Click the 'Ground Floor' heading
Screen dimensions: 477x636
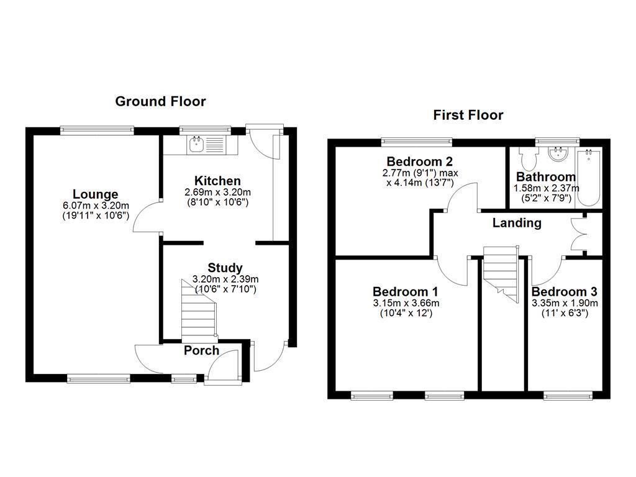(160, 101)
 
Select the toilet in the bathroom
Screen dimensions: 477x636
(530, 159)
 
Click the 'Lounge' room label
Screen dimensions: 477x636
(95, 194)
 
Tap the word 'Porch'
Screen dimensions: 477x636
(201, 350)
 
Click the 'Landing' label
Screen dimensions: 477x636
(517, 223)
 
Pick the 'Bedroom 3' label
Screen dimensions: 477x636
(565, 292)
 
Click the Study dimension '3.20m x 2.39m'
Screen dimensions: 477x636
(225, 279)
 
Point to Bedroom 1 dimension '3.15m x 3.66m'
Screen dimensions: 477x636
(406, 303)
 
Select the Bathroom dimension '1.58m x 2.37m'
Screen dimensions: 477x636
(546, 188)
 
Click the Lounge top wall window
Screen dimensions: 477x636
(97, 130)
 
